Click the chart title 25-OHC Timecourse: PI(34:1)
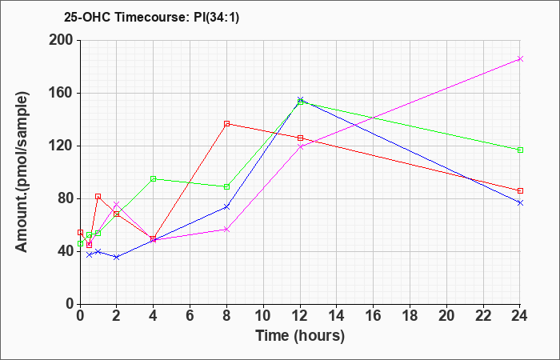pyautogui.click(x=152, y=17)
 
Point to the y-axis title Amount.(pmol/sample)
pyautogui.click(x=22, y=172)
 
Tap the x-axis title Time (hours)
pyautogui.click(x=300, y=336)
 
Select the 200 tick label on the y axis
pyautogui.click(x=61, y=40)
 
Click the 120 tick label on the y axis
pyautogui.click(x=61, y=146)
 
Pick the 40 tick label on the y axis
pyautogui.click(x=65, y=252)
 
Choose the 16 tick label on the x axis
pyautogui.click(x=374, y=315)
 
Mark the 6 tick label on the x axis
pyautogui.click(x=190, y=315)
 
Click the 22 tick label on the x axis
pyautogui.click(x=483, y=315)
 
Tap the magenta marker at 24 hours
pyautogui.click(x=520, y=59)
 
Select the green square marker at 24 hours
pyautogui.click(x=520, y=150)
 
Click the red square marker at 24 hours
pyautogui.click(x=520, y=190)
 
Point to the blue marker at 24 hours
pyautogui.click(x=520, y=203)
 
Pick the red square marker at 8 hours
pyautogui.click(x=226, y=124)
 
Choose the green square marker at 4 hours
pyautogui.click(x=154, y=179)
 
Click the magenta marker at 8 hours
pyautogui.click(x=226, y=230)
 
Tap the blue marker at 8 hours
pyautogui.click(x=226, y=207)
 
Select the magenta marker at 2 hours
pyautogui.click(x=117, y=204)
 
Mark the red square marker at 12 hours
pyautogui.click(x=300, y=138)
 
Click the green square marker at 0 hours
pyautogui.click(x=80, y=243)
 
